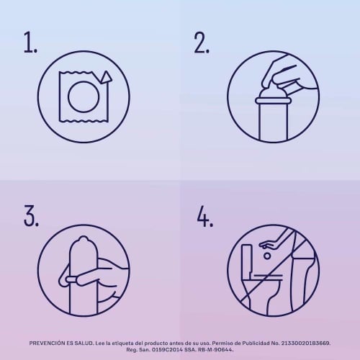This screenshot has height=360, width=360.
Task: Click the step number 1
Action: point(30,42)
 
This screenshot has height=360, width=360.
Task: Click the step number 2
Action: point(202,42)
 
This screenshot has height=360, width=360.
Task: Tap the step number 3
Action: point(31,215)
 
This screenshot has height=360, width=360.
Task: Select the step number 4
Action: point(204,216)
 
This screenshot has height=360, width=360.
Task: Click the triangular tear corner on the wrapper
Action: point(106,77)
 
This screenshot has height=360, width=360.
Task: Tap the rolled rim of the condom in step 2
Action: point(274,101)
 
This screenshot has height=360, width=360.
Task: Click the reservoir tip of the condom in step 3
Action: point(83,239)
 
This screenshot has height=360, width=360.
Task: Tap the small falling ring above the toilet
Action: point(267,256)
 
